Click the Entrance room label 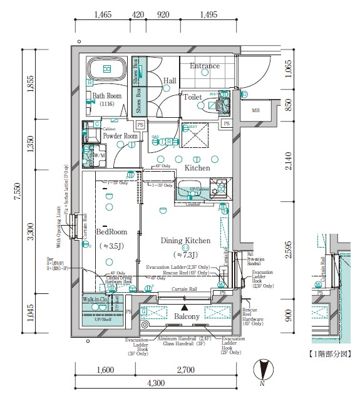[205, 66]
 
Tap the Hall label [170, 81]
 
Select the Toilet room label [192, 97]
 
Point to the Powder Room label [120, 136]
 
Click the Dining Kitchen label [185, 241]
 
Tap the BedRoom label [111, 231]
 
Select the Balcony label [187, 317]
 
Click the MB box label [255, 111]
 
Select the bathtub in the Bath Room [106, 69]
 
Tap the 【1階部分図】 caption [334, 355]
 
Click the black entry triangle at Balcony [184, 308]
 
